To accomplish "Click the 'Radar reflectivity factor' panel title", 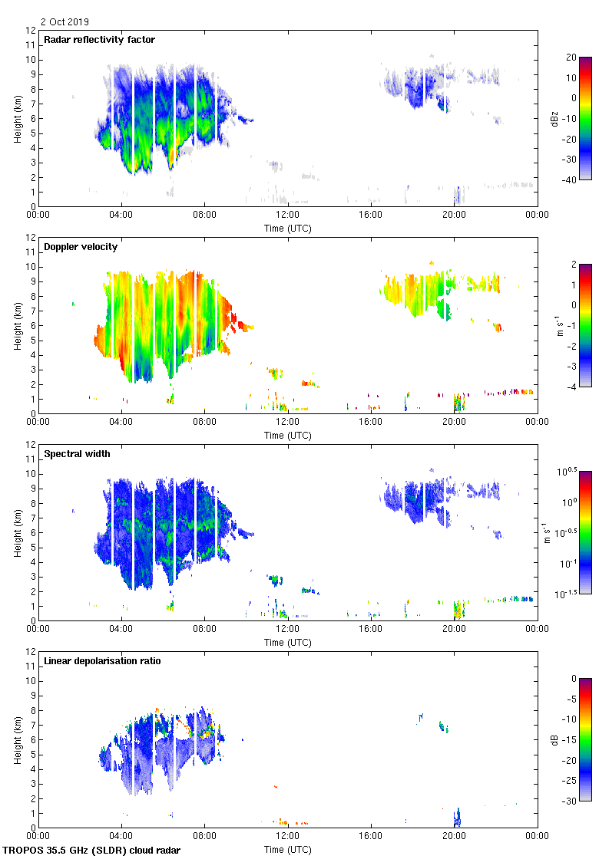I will [x=100, y=40].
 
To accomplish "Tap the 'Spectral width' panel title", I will [x=78, y=454].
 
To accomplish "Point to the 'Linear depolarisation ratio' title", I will [x=102, y=661].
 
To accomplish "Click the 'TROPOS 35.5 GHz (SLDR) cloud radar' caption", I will [x=92, y=851].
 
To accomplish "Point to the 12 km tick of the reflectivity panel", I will [x=30, y=31].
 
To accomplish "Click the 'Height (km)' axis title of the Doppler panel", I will [x=17, y=325].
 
